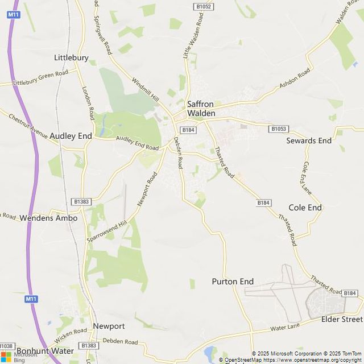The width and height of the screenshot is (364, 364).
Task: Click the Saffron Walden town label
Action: (x=201, y=109)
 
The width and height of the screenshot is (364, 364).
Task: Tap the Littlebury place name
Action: (x=71, y=57)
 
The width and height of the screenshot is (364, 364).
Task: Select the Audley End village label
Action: (x=71, y=136)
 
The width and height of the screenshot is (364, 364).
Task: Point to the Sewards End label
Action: (x=309, y=140)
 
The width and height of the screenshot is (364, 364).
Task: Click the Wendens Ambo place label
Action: (x=48, y=217)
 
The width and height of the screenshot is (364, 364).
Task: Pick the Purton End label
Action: (x=233, y=282)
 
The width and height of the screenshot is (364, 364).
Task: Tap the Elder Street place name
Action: (x=342, y=319)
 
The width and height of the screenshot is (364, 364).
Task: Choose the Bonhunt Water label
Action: (x=45, y=351)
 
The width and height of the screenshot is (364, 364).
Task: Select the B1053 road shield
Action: (x=278, y=129)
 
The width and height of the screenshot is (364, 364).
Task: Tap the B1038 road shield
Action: (x=6, y=346)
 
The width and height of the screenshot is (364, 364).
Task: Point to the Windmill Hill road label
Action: (x=146, y=90)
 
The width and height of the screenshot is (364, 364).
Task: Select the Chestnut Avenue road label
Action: (x=28, y=125)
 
